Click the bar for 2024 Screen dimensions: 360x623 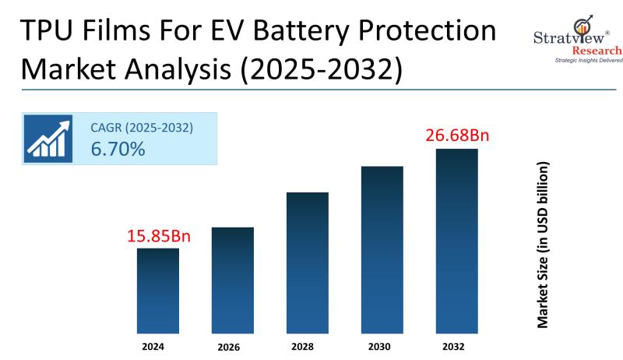pos(158,291)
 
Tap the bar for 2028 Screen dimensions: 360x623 pos(308,263)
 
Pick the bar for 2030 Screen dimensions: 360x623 pos(382,249)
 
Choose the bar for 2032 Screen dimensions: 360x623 pos(456,241)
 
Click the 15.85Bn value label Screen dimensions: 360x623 pos(158,235)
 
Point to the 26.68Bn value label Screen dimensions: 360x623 pos(456,136)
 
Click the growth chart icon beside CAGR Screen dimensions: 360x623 pos(48,138)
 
